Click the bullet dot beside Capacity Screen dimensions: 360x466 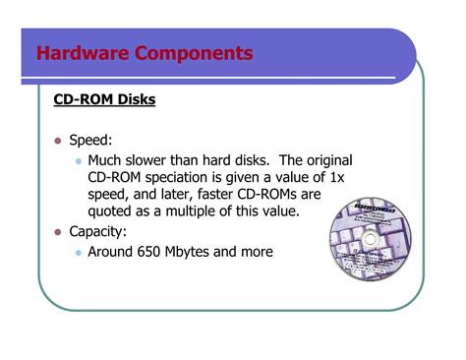pyautogui.click(x=57, y=232)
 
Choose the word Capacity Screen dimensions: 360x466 pyautogui.click(x=101, y=232)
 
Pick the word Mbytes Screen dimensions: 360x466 pyautogui.click(x=206, y=252)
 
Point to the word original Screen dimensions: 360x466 pyautogui.click(x=325, y=159)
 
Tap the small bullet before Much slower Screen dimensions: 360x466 pyautogui.click(x=78, y=160)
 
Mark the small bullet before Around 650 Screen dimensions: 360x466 pyautogui.click(x=78, y=253)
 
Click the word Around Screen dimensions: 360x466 pyautogui.click(x=113, y=252)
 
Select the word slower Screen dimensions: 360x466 pyautogui.click(x=161, y=159)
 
